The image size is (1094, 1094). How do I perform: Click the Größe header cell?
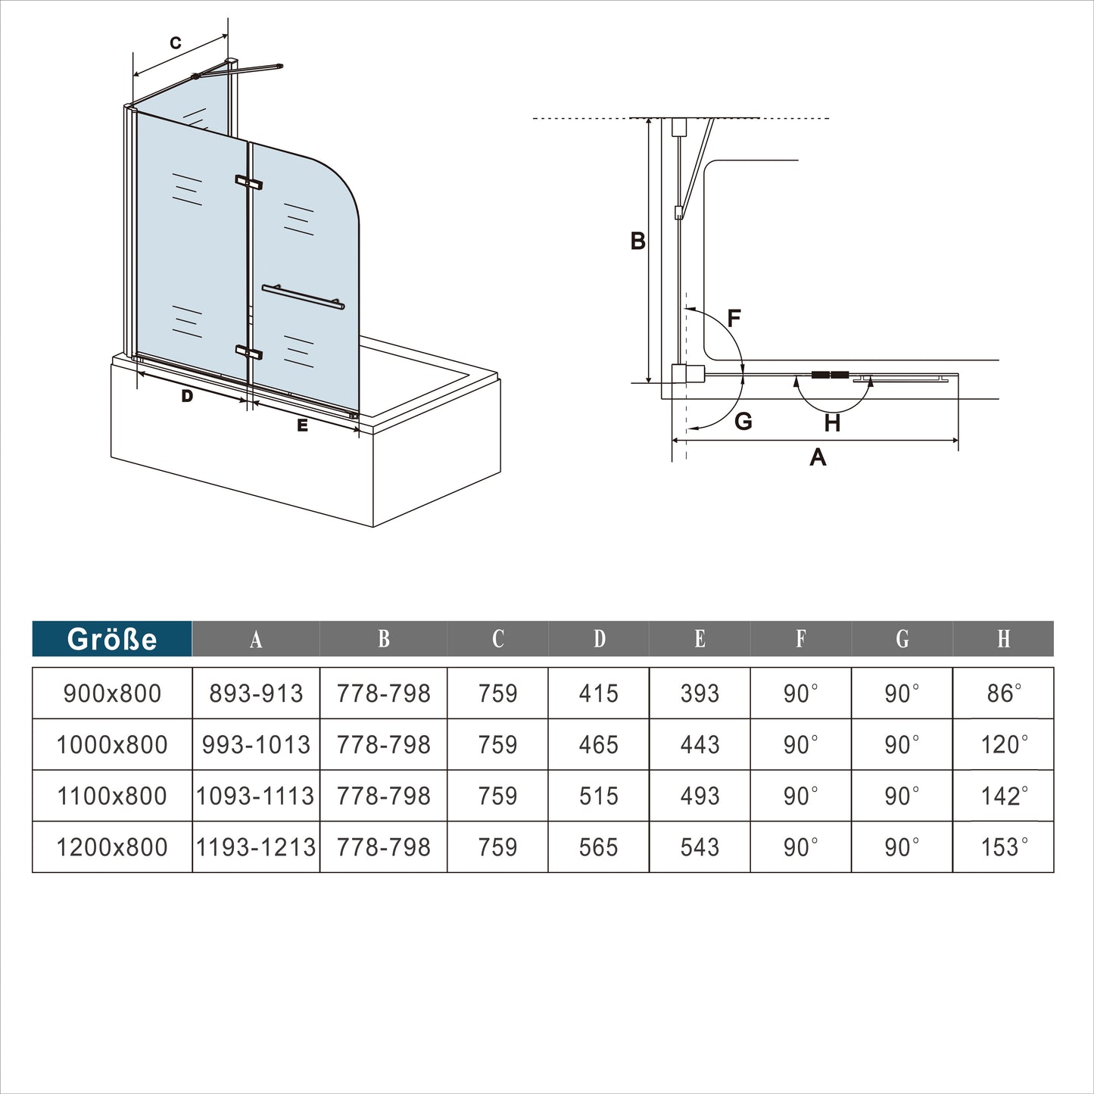coord(112,639)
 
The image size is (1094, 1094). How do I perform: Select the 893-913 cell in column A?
coord(256,693)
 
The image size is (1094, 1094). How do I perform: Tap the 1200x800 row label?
coord(112,847)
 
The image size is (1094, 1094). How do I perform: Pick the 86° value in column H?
coord(1004,693)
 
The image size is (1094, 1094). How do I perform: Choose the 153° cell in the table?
coord(1004,847)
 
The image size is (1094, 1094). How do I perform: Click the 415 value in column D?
coord(598,693)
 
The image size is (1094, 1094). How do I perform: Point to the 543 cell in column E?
coord(700,847)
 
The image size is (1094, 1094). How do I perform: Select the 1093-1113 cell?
coord(255,796)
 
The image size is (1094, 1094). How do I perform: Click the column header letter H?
coord(1004,639)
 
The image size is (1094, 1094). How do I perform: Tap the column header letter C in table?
coord(497,639)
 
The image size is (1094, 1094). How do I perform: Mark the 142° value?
coord(1004,796)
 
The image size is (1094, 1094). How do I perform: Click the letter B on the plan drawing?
coord(637,241)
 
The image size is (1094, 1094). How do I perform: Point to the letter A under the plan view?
coord(818,457)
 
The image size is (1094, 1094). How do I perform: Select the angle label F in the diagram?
coord(734,318)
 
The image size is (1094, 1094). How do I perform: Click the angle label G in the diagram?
coord(743,421)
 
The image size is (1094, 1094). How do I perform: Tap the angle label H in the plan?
coord(832,422)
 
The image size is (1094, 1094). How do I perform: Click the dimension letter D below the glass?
coord(187,396)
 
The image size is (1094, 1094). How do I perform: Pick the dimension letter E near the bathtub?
coord(303,426)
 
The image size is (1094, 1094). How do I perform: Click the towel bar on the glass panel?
coord(304,297)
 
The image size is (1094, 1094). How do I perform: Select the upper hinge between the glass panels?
coord(248,182)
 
